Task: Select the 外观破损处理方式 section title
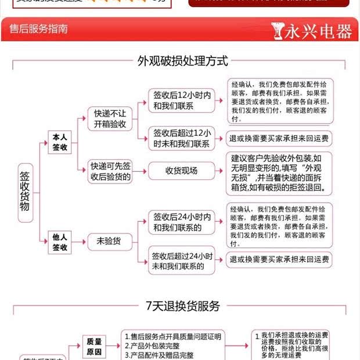[182, 61]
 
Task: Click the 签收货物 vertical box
[24, 190]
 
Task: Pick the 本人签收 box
[60, 142]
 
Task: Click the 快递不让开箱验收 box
[110, 119]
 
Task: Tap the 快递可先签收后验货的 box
[110, 171]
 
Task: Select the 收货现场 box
[181, 171]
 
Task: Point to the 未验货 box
[109, 241]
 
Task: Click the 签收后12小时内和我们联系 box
[182, 100]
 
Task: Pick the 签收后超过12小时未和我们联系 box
[182, 138]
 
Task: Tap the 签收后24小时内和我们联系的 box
[182, 222]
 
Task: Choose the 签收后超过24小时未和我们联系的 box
[182, 261]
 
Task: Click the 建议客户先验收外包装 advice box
[279, 173]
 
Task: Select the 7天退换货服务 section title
[182, 306]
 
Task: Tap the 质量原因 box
[94, 347]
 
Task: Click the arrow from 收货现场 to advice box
[220, 171]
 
